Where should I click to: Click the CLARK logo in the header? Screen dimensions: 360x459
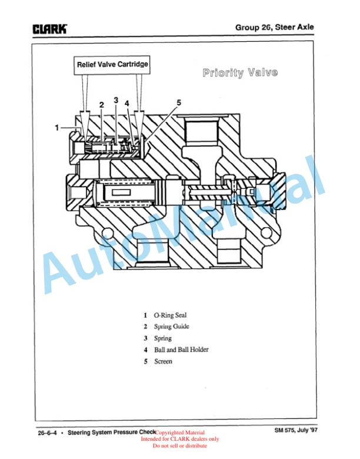(x=50, y=29)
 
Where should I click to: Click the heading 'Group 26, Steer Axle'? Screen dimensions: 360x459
(x=275, y=27)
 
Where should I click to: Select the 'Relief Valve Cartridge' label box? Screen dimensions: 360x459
(x=112, y=65)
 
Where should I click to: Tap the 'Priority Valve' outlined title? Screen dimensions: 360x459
(x=240, y=72)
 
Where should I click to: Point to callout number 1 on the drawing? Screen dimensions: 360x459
(x=57, y=128)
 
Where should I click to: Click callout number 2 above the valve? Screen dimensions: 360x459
(x=102, y=105)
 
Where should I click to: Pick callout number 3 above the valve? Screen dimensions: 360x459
(x=116, y=100)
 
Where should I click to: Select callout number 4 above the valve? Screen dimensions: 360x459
(x=126, y=104)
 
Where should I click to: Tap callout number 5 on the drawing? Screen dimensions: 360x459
(x=179, y=102)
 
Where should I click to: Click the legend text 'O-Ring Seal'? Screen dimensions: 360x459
(x=170, y=315)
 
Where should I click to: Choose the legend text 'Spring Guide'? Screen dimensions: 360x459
(x=172, y=327)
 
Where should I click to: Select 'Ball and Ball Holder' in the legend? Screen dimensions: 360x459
(x=181, y=350)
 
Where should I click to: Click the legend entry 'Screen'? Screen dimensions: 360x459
(x=163, y=361)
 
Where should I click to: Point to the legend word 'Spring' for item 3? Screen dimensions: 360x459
(x=163, y=338)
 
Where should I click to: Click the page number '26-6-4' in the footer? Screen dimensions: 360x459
(x=47, y=433)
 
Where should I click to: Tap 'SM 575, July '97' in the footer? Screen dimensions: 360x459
(x=296, y=430)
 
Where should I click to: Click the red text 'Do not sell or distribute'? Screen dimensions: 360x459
(x=180, y=446)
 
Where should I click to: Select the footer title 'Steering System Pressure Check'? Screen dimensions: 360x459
(x=112, y=433)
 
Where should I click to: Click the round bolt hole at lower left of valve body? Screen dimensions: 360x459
(x=108, y=233)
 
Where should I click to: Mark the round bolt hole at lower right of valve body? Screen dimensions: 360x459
(x=267, y=232)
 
